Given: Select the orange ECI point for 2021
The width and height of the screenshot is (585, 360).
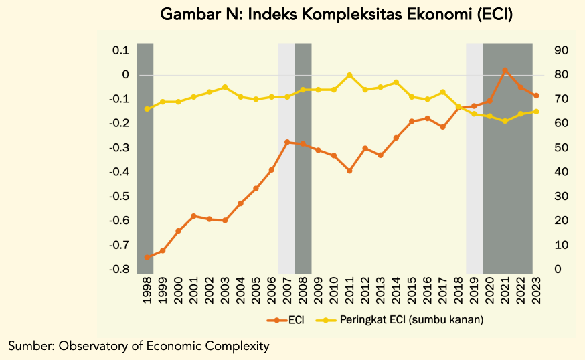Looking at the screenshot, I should [x=505, y=70].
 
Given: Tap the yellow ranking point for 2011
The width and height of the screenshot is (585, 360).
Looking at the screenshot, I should [x=349, y=75].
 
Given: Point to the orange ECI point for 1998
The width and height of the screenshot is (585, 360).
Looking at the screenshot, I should [x=147, y=257].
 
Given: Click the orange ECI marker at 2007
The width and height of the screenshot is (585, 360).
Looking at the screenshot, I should [x=287, y=142].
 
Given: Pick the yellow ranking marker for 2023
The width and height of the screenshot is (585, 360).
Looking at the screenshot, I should [x=536, y=112].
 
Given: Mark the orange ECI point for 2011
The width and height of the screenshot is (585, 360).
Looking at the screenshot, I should [x=349, y=171].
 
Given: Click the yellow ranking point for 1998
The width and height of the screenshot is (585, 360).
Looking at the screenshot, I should [x=147, y=109].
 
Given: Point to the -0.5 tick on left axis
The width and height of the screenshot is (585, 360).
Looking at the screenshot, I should [x=120, y=197].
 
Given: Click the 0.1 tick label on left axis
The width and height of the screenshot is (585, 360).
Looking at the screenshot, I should [x=120, y=51].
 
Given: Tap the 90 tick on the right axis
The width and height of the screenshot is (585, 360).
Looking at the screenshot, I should [x=560, y=51].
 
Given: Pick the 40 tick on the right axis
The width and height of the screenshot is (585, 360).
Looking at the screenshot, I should [x=560, y=172].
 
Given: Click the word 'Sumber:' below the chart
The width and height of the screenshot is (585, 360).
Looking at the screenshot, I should [x=31, y=346].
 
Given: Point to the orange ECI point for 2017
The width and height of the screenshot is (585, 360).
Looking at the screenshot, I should [x=443, y=126].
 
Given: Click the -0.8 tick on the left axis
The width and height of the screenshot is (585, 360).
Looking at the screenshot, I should [x=120, y=269].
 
